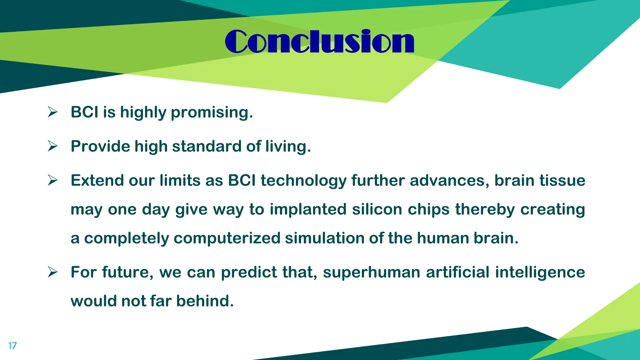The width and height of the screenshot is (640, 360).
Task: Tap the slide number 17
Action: [12, 346]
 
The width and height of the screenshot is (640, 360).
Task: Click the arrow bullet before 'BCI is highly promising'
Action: [52, 112]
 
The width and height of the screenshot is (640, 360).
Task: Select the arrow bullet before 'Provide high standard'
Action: [52, 146]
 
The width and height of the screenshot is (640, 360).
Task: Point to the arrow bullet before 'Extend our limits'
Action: [52, 180]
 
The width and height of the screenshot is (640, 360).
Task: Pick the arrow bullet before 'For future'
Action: [52, 272]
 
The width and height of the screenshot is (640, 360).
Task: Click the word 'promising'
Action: [212, 112]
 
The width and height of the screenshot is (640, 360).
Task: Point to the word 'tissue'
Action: [562, 181]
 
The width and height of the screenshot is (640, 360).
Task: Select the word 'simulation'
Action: [324, 238]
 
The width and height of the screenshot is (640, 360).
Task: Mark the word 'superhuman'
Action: [372, 272]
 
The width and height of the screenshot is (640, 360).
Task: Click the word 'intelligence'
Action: [540, 272]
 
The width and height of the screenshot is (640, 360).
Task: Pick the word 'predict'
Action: [249, 272]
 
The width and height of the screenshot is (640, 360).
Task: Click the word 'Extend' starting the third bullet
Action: [97, 181]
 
